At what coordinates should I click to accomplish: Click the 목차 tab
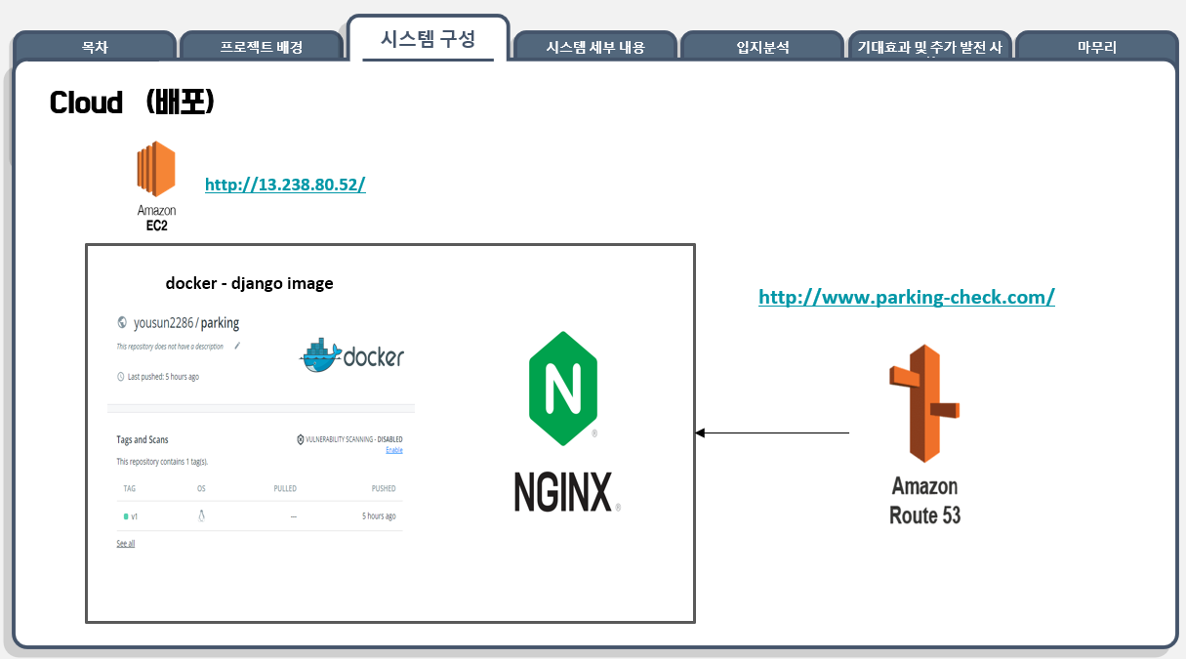point(95,46)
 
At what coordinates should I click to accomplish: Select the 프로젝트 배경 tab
point(262,46)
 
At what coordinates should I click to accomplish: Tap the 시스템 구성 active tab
point(428,39)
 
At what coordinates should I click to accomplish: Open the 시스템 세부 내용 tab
point(595,46)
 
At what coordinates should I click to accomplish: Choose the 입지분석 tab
point(762,46)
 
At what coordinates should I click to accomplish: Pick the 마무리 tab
point(1096,46)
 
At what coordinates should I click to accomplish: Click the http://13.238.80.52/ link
point(285,184)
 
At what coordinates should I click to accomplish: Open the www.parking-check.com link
point(906,297)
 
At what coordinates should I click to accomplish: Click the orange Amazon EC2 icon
point(155,170)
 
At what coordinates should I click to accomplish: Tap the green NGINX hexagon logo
point(562,388)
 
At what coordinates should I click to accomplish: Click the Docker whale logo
point(322,357)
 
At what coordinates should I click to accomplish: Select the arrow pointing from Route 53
point(771,432)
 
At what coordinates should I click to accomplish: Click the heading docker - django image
point(249,283)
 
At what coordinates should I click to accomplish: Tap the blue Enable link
point(394,450)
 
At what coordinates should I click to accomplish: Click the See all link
point(126,543)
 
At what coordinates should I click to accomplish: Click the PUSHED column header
point(384,488)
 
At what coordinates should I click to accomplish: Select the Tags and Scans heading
point(143,439)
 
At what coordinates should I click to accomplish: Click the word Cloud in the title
point(86,103)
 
